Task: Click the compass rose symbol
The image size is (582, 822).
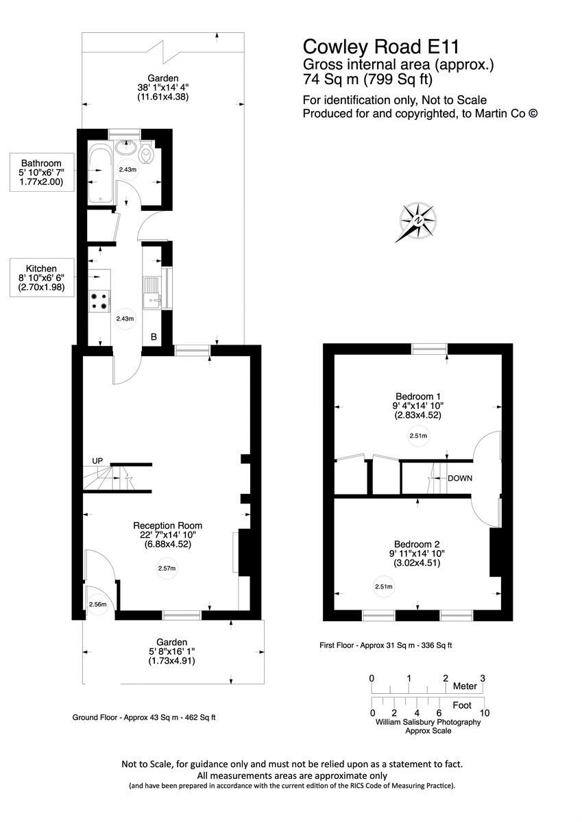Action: (x=417, y=223)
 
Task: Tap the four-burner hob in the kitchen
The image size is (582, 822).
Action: (x=99, y=299)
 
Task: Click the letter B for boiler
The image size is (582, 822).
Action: (x=154, y=337)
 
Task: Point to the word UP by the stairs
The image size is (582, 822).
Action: (x=97, y=461)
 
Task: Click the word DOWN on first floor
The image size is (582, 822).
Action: (x=460, y=477)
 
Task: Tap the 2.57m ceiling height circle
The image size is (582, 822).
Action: (x=167, y=569)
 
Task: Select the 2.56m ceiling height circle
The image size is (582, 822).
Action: (x=97, y=604)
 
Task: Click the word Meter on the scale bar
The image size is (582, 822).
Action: (x=465, y=686)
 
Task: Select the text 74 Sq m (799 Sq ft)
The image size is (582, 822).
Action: (x=367, y=79)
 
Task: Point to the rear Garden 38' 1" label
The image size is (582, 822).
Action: (x=162, y=88)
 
